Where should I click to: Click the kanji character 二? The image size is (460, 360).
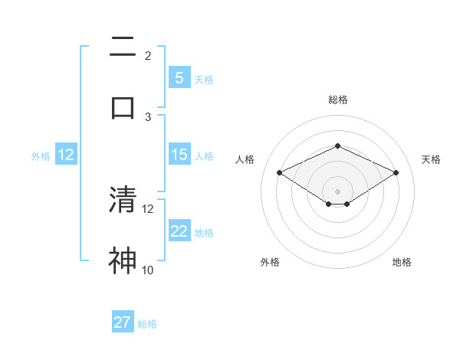coord(123,47)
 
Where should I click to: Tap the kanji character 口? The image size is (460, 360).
coord(123,107)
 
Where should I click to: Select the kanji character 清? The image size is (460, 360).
coord(123,199)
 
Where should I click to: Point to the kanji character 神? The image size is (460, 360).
coord(123,260)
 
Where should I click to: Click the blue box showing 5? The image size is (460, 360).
coord(179,77)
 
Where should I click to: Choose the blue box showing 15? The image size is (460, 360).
coord(179,155)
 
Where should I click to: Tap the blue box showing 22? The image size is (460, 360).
coord(179,231)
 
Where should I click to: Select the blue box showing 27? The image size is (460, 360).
coord(123,322)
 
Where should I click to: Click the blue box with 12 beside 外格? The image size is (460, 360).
coord(66,155)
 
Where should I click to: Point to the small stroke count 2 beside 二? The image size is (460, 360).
coord(148,56)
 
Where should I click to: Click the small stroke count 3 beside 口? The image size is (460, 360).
coord(148,116)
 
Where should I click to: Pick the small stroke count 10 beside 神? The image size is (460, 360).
coord(148,270)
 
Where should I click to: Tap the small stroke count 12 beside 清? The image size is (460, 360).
coord(148,208)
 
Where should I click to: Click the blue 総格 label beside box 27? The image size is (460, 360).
coord(148,324)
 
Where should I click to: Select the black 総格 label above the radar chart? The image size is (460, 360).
coord(337,100)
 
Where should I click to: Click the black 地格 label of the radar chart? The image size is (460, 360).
coord(402,263)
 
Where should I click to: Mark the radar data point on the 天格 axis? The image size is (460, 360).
coord(396,173)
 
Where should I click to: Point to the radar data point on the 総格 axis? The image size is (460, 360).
coord(337,146)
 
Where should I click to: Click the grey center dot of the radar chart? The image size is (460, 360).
coord(337,191)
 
